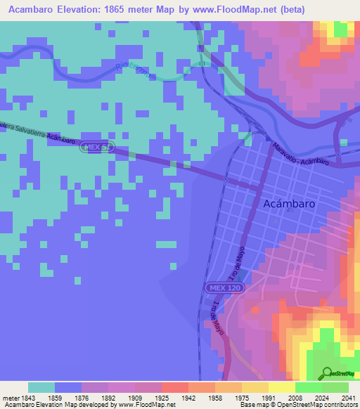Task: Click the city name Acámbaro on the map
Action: tap(288, 203)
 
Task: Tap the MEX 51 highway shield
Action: tap(96, 147)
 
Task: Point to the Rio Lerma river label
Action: tap(131, 71)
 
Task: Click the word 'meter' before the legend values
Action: tap(11, 397)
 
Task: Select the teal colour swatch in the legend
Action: tap(41, 387)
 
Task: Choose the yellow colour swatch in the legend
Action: tap(281, 387)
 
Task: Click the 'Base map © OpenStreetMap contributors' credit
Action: tap(297, 405)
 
